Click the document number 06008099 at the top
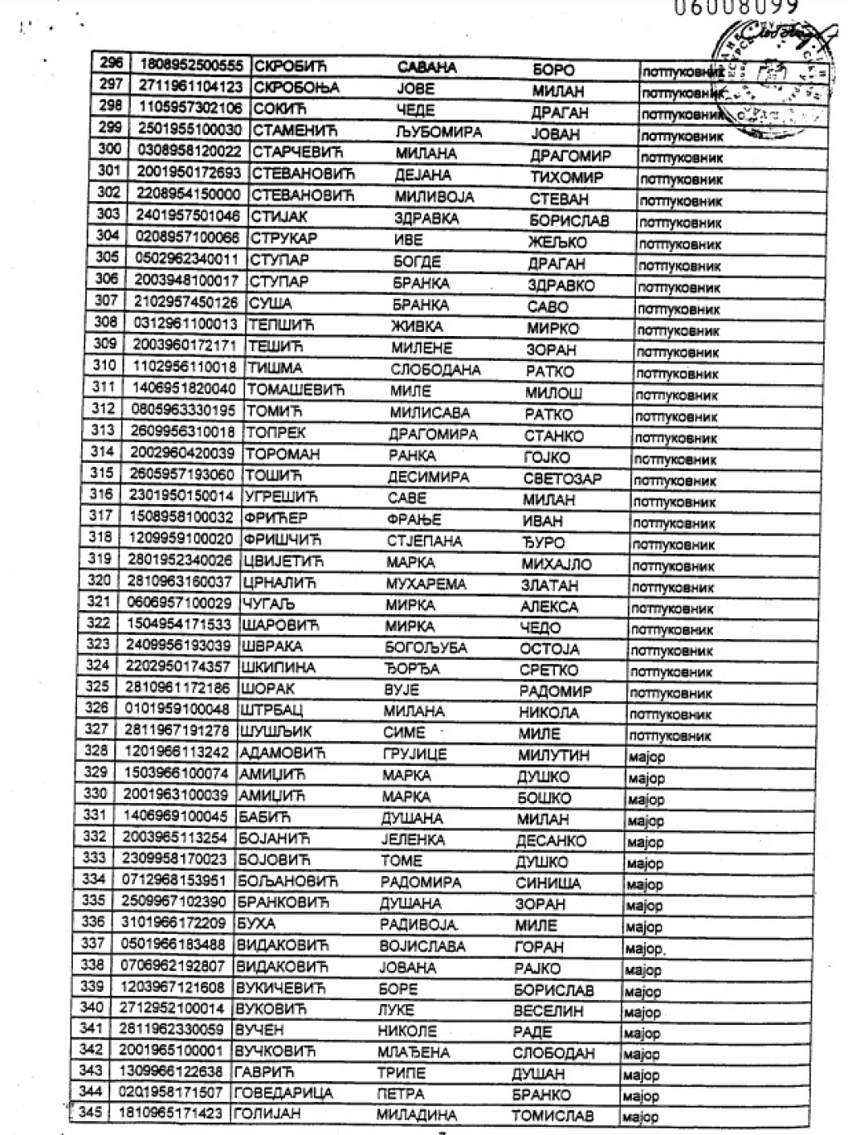[x=735, y=7]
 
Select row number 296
[x=110, y=63]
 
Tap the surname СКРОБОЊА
[x=296, y=88]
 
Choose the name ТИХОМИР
[x=566, y=177]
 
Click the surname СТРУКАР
[x=283, y=238]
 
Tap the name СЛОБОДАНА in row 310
[x=435, y=370]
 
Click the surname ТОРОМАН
[x=281, y=454]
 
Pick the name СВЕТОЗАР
[x=562, y=479]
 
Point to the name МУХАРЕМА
[x=426, y=584]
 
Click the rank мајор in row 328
[x=646, y=757]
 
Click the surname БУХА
[x=256, y=924]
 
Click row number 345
[x=89, y=1112]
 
